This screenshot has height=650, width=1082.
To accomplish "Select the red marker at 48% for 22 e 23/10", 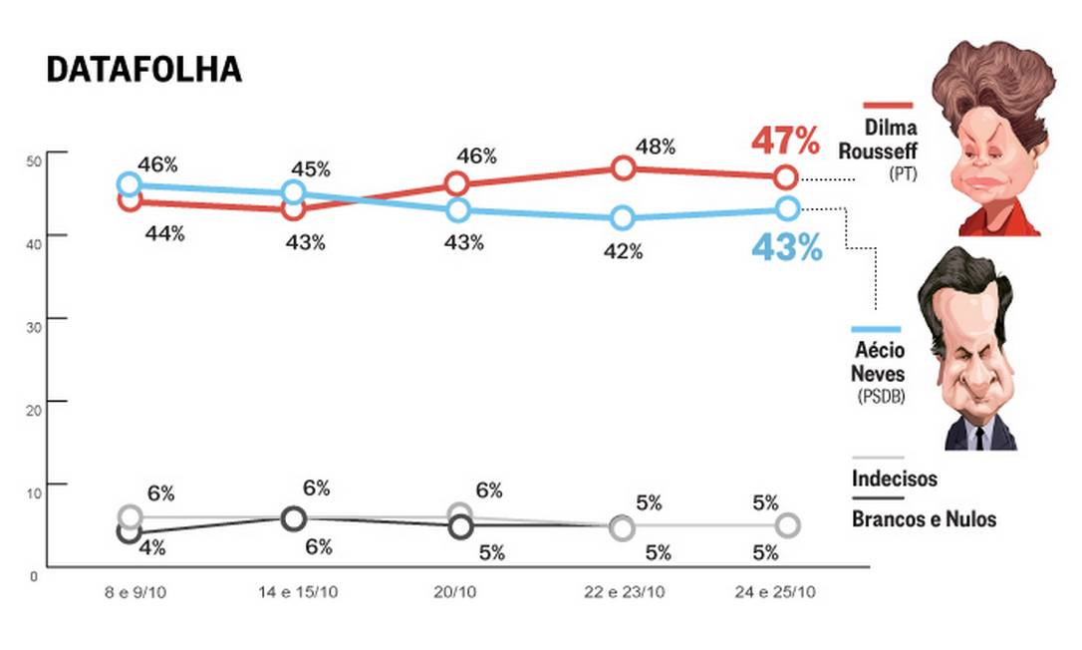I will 624,167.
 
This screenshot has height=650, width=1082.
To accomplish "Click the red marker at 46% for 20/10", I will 457,183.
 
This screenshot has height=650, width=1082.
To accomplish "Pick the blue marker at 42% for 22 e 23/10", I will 624,217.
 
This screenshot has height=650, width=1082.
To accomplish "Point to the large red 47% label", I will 786,142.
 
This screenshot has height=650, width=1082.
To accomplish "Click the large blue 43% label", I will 786,247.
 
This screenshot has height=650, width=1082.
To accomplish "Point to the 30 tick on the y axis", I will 33,319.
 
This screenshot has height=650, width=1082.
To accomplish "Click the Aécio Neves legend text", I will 878,364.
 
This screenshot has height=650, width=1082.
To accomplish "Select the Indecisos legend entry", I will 894,479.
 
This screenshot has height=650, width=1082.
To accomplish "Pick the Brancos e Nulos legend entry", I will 924,518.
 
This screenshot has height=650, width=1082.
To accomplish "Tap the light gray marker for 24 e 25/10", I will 787,525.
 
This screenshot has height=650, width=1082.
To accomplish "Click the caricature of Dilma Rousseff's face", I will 996,150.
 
